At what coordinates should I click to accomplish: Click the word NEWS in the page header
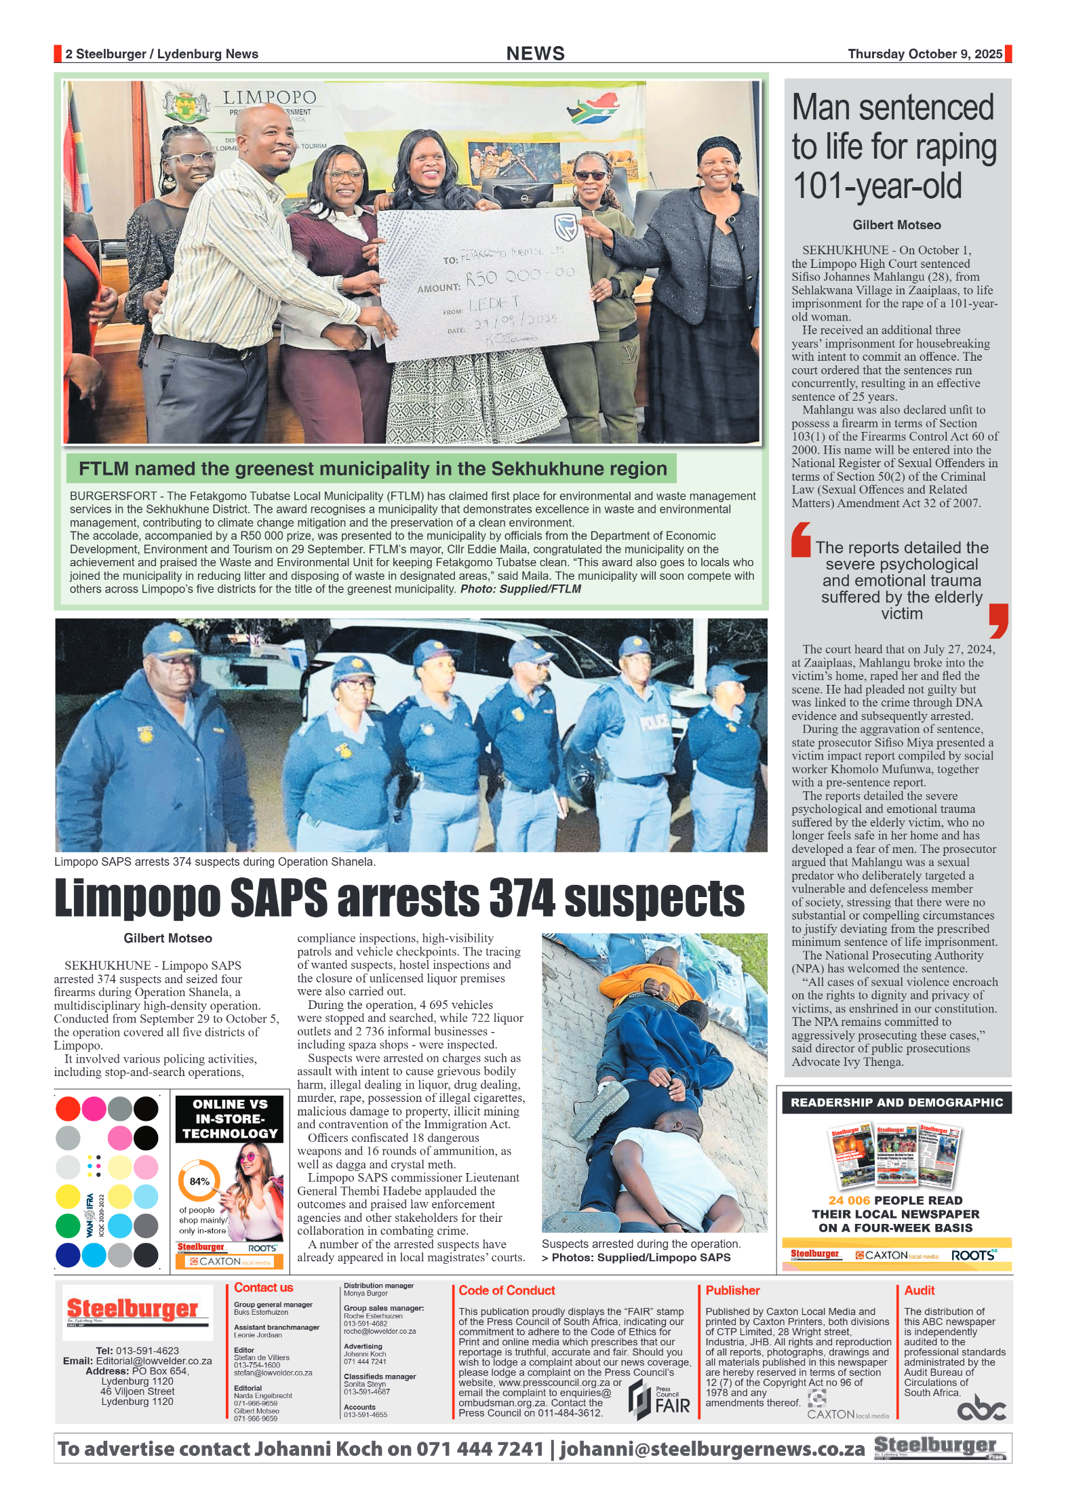tap(535, 54)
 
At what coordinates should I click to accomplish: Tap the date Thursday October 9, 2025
tap(924, 54)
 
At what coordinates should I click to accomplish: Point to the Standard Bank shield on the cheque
tap(566, 227)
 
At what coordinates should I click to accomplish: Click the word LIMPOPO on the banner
tap(269, 98)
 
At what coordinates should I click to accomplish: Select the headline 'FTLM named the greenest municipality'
tap(372, 469)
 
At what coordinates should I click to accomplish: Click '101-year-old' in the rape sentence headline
tap(877, 186)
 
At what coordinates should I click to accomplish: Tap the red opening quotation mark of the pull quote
tap(801, 540)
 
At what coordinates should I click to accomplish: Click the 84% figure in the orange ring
tap(199, 1181)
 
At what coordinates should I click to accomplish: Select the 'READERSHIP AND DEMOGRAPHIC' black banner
tap(896, 1103)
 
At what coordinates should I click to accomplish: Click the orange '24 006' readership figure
tap(849, 1200)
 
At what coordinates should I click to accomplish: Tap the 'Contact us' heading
tap(263, 1288)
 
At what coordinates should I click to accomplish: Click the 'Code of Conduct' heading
tap(507, 1290)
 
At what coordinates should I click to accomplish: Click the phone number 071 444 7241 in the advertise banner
tap(479, 1449)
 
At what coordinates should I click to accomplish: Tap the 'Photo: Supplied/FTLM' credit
tap(520, 589)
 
